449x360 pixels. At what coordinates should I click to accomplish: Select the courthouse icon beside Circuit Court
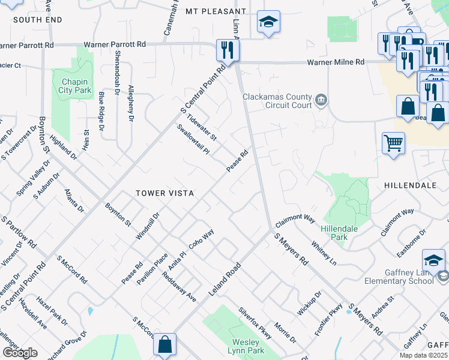tap(321, 99)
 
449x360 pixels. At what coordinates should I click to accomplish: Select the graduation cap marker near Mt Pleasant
tap(268, 22)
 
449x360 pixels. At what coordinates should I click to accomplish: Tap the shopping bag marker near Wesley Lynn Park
tap(164, 344)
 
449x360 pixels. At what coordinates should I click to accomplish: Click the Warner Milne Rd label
tap(336, 62)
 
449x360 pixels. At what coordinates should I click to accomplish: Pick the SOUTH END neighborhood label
tap(37, 20)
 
